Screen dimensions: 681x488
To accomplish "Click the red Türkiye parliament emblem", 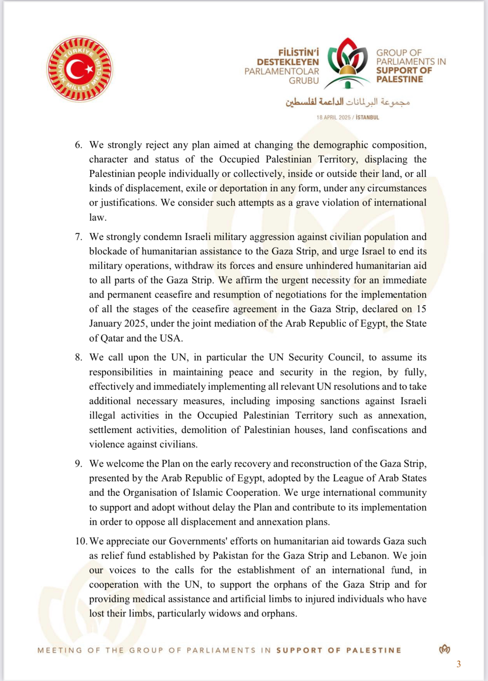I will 80,69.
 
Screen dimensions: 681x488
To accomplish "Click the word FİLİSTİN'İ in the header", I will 298,52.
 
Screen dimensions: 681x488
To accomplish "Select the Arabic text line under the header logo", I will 348,102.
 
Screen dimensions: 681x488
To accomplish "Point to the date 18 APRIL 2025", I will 333,117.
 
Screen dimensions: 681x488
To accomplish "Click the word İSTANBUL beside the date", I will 367,117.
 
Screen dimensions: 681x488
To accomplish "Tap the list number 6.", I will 78,145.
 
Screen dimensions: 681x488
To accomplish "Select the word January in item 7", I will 105,324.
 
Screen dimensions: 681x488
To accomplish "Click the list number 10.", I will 81,541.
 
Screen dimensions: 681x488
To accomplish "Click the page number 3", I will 459,664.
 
